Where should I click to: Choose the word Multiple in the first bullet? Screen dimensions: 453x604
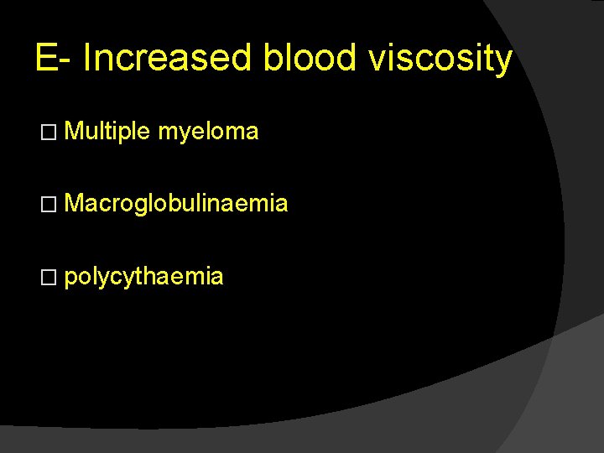tap(107, 132)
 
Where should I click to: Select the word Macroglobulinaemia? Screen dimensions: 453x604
tap(176, 203)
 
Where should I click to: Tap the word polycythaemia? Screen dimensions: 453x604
tap(143, 277)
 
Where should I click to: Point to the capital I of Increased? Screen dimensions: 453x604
tap(88, 60)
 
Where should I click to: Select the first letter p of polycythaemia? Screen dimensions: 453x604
tap(69, 279)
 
